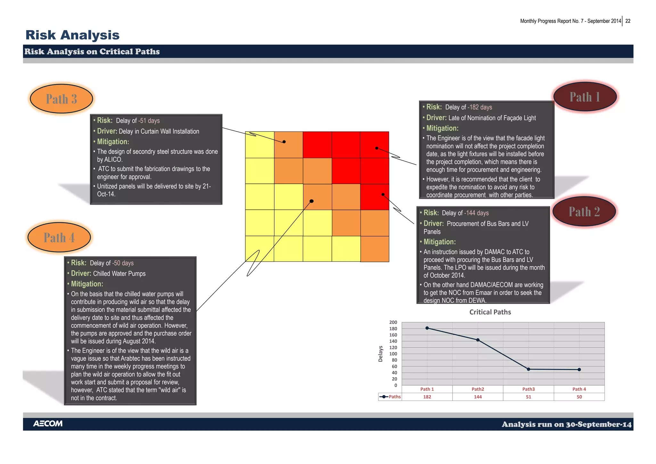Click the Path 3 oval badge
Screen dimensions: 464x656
(x=61, y=99)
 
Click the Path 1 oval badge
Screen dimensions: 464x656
(x=585, y=97)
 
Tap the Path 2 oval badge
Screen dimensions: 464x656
(x=584, y=211)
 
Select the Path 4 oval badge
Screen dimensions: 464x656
(x=59, y=237)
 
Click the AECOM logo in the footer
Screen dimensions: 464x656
(x=48, y=424)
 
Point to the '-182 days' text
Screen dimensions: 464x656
(x=480, y=107)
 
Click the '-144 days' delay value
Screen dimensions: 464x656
(x=476, y=213)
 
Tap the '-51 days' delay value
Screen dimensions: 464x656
(x=149, y=121)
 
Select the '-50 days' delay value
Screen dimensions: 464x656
(x=123, y=263)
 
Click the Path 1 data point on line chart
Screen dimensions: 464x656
(x=427, y=328)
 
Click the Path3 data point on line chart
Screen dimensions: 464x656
(x=529, y=369)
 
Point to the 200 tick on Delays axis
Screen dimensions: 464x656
(x=393, y=322)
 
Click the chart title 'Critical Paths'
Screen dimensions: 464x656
(x=490, y=312)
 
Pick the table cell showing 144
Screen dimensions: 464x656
(x=478, y=397)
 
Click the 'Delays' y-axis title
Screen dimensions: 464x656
(x=381, y=354)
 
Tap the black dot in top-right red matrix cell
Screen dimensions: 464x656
(x=377, y=148)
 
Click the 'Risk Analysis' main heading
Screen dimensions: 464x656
(x=72, y=35)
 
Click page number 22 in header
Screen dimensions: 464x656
(x=628, y=21)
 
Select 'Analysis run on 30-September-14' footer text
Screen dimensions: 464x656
(x=566, y=424)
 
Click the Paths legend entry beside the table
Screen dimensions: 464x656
(x=390, y=397)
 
